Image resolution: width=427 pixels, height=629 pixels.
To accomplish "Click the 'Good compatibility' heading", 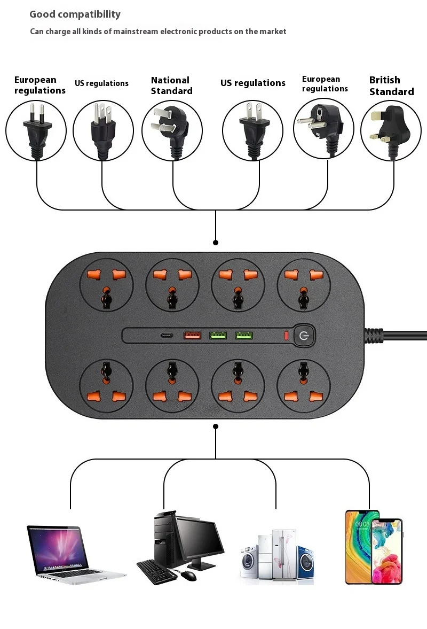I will [75, 14].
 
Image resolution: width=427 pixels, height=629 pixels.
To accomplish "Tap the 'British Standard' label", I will [391, 86].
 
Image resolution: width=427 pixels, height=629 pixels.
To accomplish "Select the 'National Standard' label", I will [171, 86].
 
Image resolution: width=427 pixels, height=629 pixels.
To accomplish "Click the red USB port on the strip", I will [192, 336].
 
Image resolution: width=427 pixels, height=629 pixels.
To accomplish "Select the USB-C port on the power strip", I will [167, 336].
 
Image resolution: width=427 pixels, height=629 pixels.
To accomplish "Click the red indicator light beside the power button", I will [286, 336].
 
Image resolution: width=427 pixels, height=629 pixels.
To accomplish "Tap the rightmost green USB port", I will [244, 336].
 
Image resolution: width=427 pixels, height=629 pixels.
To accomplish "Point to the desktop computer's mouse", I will [188, 576].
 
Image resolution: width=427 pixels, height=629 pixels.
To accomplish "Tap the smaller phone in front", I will [386, 550].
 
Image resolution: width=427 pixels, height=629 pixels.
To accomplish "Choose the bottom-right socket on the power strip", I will [303, 385].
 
